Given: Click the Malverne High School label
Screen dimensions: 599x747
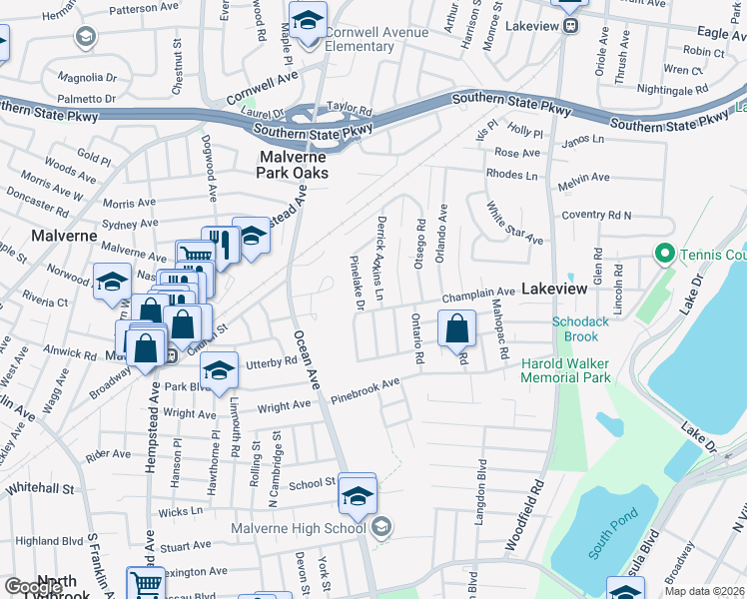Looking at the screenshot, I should tap(299, 528).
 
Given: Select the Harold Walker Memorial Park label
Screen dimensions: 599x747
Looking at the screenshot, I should tap(565, 371).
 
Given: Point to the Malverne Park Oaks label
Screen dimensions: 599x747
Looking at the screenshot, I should tap(294, 165).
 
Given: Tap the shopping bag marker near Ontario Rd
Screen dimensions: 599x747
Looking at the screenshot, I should tap(456, 328).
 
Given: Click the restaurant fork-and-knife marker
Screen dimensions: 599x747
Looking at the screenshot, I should tap(220, 245).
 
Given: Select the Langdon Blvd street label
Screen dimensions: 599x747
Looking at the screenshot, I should tap(482, 489).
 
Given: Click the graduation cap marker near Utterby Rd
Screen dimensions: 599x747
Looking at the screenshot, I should tap(219, 369).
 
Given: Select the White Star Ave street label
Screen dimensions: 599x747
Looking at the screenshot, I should tap(514, 224).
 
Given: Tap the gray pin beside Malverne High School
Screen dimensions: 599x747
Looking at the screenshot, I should tap(380, 527).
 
